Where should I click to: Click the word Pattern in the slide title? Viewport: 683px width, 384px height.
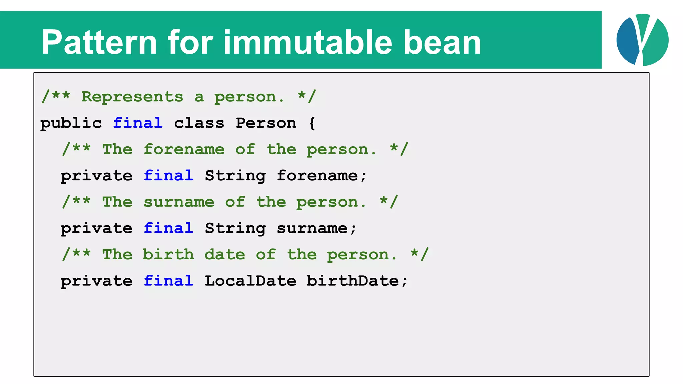click(99, 42)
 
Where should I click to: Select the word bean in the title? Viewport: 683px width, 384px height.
click(442, 42)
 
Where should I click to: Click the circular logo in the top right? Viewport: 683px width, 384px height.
click(642, 40)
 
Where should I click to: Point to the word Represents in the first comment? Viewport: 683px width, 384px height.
click(132, 97)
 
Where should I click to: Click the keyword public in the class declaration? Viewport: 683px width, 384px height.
click(71, 123)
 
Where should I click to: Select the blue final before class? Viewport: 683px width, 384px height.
click(138, 123)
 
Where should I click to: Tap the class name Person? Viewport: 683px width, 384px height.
click(266, 123)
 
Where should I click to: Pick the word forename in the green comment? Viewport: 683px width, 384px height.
click(184, 149)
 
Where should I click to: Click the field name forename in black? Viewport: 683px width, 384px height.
click(317, 176)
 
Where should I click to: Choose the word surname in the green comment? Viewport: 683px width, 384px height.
click(179, 202)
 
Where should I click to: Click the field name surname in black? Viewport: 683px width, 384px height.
click(312, 229)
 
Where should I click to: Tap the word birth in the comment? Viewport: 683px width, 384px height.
click(168, 255)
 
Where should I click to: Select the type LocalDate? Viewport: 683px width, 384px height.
click(250, 281)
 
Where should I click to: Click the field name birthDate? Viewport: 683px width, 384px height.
click(353, 281)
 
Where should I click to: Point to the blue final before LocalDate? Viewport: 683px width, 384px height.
click(168, 281)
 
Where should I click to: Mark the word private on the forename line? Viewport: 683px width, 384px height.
click(96, 176)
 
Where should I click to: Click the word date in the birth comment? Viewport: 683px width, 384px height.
click(225, 255)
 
